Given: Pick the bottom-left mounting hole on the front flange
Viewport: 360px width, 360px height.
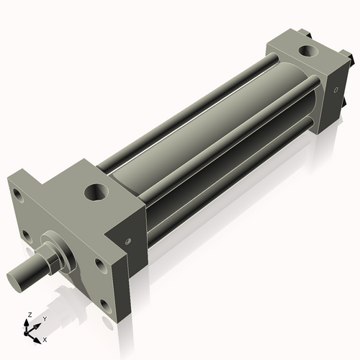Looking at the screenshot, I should tap(26, 235).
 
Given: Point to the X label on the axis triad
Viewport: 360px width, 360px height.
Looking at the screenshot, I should tap(45, 338).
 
